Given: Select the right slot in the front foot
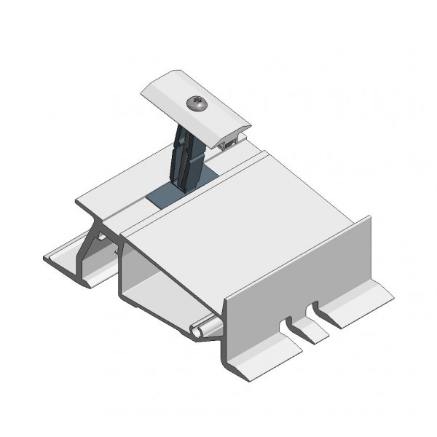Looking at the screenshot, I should coord(318,312).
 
